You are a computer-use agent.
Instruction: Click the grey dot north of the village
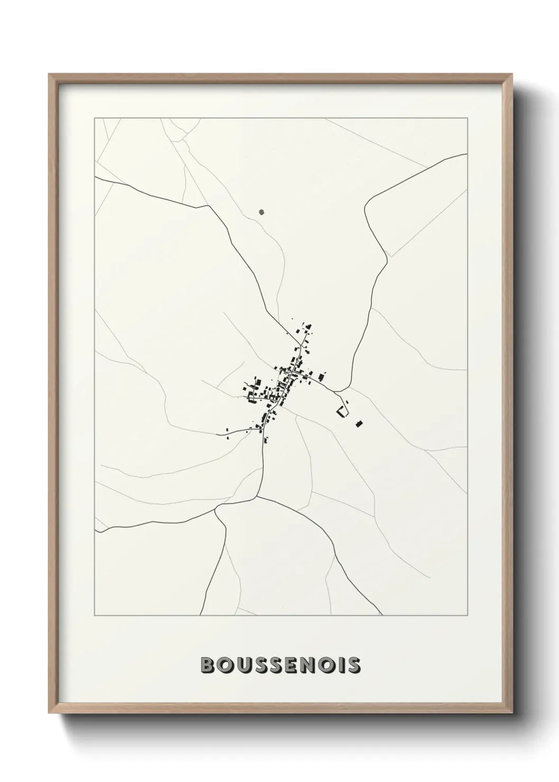coord(262,212)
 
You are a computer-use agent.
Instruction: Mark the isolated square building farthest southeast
coord(359,423)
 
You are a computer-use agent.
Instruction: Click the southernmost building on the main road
coord(265,438)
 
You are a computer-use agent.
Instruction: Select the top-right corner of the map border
coord(468,118)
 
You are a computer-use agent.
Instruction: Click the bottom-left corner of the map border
coord(95,615)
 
